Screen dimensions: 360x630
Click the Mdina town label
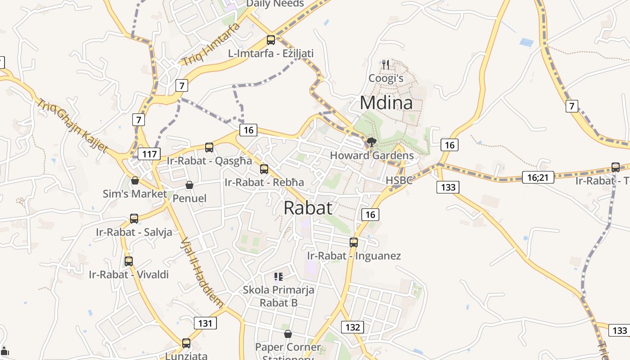click(386, 103)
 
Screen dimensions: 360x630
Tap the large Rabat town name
click(308, 207)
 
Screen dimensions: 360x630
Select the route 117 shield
click(149, 154)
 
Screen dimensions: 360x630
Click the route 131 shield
click(205, 323)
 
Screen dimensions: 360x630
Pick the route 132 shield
click(352, 327)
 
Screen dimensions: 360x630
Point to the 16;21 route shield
click(538, 177)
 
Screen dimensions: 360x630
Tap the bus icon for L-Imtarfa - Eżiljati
click(271, 40)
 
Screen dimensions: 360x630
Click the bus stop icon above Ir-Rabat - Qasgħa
click(209, 147)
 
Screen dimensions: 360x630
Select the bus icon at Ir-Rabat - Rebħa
click(264, 169)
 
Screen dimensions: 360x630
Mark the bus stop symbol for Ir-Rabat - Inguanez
click(354, 243)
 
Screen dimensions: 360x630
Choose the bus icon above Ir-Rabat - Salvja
click(134, 219)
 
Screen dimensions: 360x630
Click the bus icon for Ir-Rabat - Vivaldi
click(129, 261)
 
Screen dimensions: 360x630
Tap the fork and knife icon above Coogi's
click(386, 65)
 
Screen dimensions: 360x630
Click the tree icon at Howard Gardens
click(372, 143)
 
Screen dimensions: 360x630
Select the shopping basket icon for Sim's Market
click(135, 180)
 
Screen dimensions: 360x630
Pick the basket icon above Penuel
click(189, 185)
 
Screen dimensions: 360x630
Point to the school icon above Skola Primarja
click(279, 276)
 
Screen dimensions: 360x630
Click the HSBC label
click(399, 180)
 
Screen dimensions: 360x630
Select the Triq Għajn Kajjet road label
click(72, 126)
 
